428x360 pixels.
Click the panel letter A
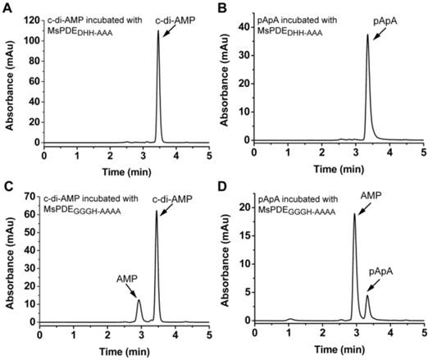7,7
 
